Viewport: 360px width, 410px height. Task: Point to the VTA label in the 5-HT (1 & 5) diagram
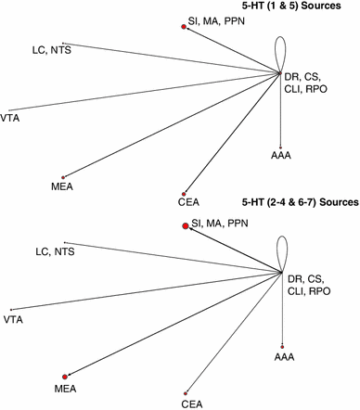tap(11, 118)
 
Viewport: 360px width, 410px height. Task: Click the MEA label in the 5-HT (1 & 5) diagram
tap(62, 187)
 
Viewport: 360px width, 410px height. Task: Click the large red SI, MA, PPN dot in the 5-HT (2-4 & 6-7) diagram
tap(186, 224)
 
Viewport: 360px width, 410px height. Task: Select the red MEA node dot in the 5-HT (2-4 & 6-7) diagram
tap(65, 374)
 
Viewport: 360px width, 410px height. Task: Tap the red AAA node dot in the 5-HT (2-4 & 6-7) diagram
tap(282, 343)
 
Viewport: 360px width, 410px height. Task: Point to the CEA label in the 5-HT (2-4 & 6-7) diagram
tap(191, 404)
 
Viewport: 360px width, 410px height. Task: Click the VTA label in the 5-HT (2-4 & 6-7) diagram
tap(13, 320)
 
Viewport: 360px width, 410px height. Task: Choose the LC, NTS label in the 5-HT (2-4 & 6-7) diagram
tap(55, 251)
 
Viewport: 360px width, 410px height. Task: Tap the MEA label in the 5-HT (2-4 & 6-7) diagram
tap(66, 386)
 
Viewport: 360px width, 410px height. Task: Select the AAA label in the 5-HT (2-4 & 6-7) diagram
tap(284, 355)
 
